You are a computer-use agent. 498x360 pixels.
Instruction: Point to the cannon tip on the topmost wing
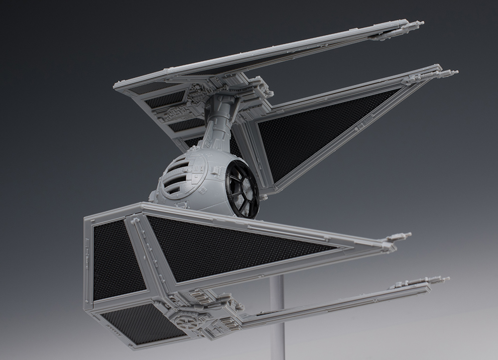pos(421,23)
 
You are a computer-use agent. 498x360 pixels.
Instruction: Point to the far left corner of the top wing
pos(116,87)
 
